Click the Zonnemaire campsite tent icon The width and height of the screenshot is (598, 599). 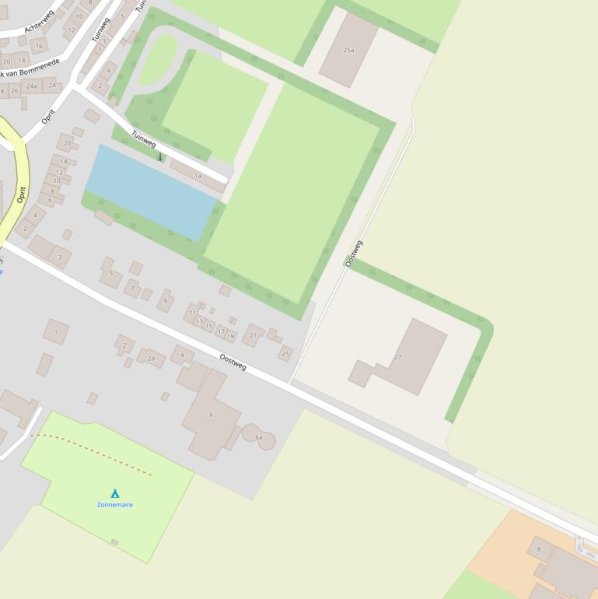pyautogui.click(x=115, y=493)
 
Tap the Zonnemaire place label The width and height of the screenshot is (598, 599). pyautogui.click(x=115, y=505)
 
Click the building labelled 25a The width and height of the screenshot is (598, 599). pyautogui.click(x=348, y=50)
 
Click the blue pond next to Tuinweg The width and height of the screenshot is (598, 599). pyautogui.click(x=150, y=191)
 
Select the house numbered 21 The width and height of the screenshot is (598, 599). pyautogui.click(x=253, y=335)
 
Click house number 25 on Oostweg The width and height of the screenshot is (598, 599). pyautogui.click(x=285, y=353)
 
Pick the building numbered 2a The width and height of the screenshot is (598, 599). pyautogui.click(x=151, y=358)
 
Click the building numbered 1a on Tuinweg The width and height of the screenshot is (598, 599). pyautogui.click(x=198, y=176)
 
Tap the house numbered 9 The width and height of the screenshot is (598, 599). pyautogui.click(x=165, y=300)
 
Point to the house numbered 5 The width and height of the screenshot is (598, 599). pyautogui.click(x=110, y=274)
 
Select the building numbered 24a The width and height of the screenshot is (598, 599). pyautogui.click(x=31, y=86)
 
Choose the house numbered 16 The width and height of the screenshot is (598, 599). pyautogui.click(x=38, y=46)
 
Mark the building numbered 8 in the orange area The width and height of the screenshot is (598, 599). pyautogui.click(x=540, y=548)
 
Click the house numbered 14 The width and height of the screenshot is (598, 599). pyautogui.click(x=63, y=162)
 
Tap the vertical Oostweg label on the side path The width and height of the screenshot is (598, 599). pyautogui.click(x=354, y=254)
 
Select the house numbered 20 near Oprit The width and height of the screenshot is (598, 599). pyautogui.click(x=67, y=143)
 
